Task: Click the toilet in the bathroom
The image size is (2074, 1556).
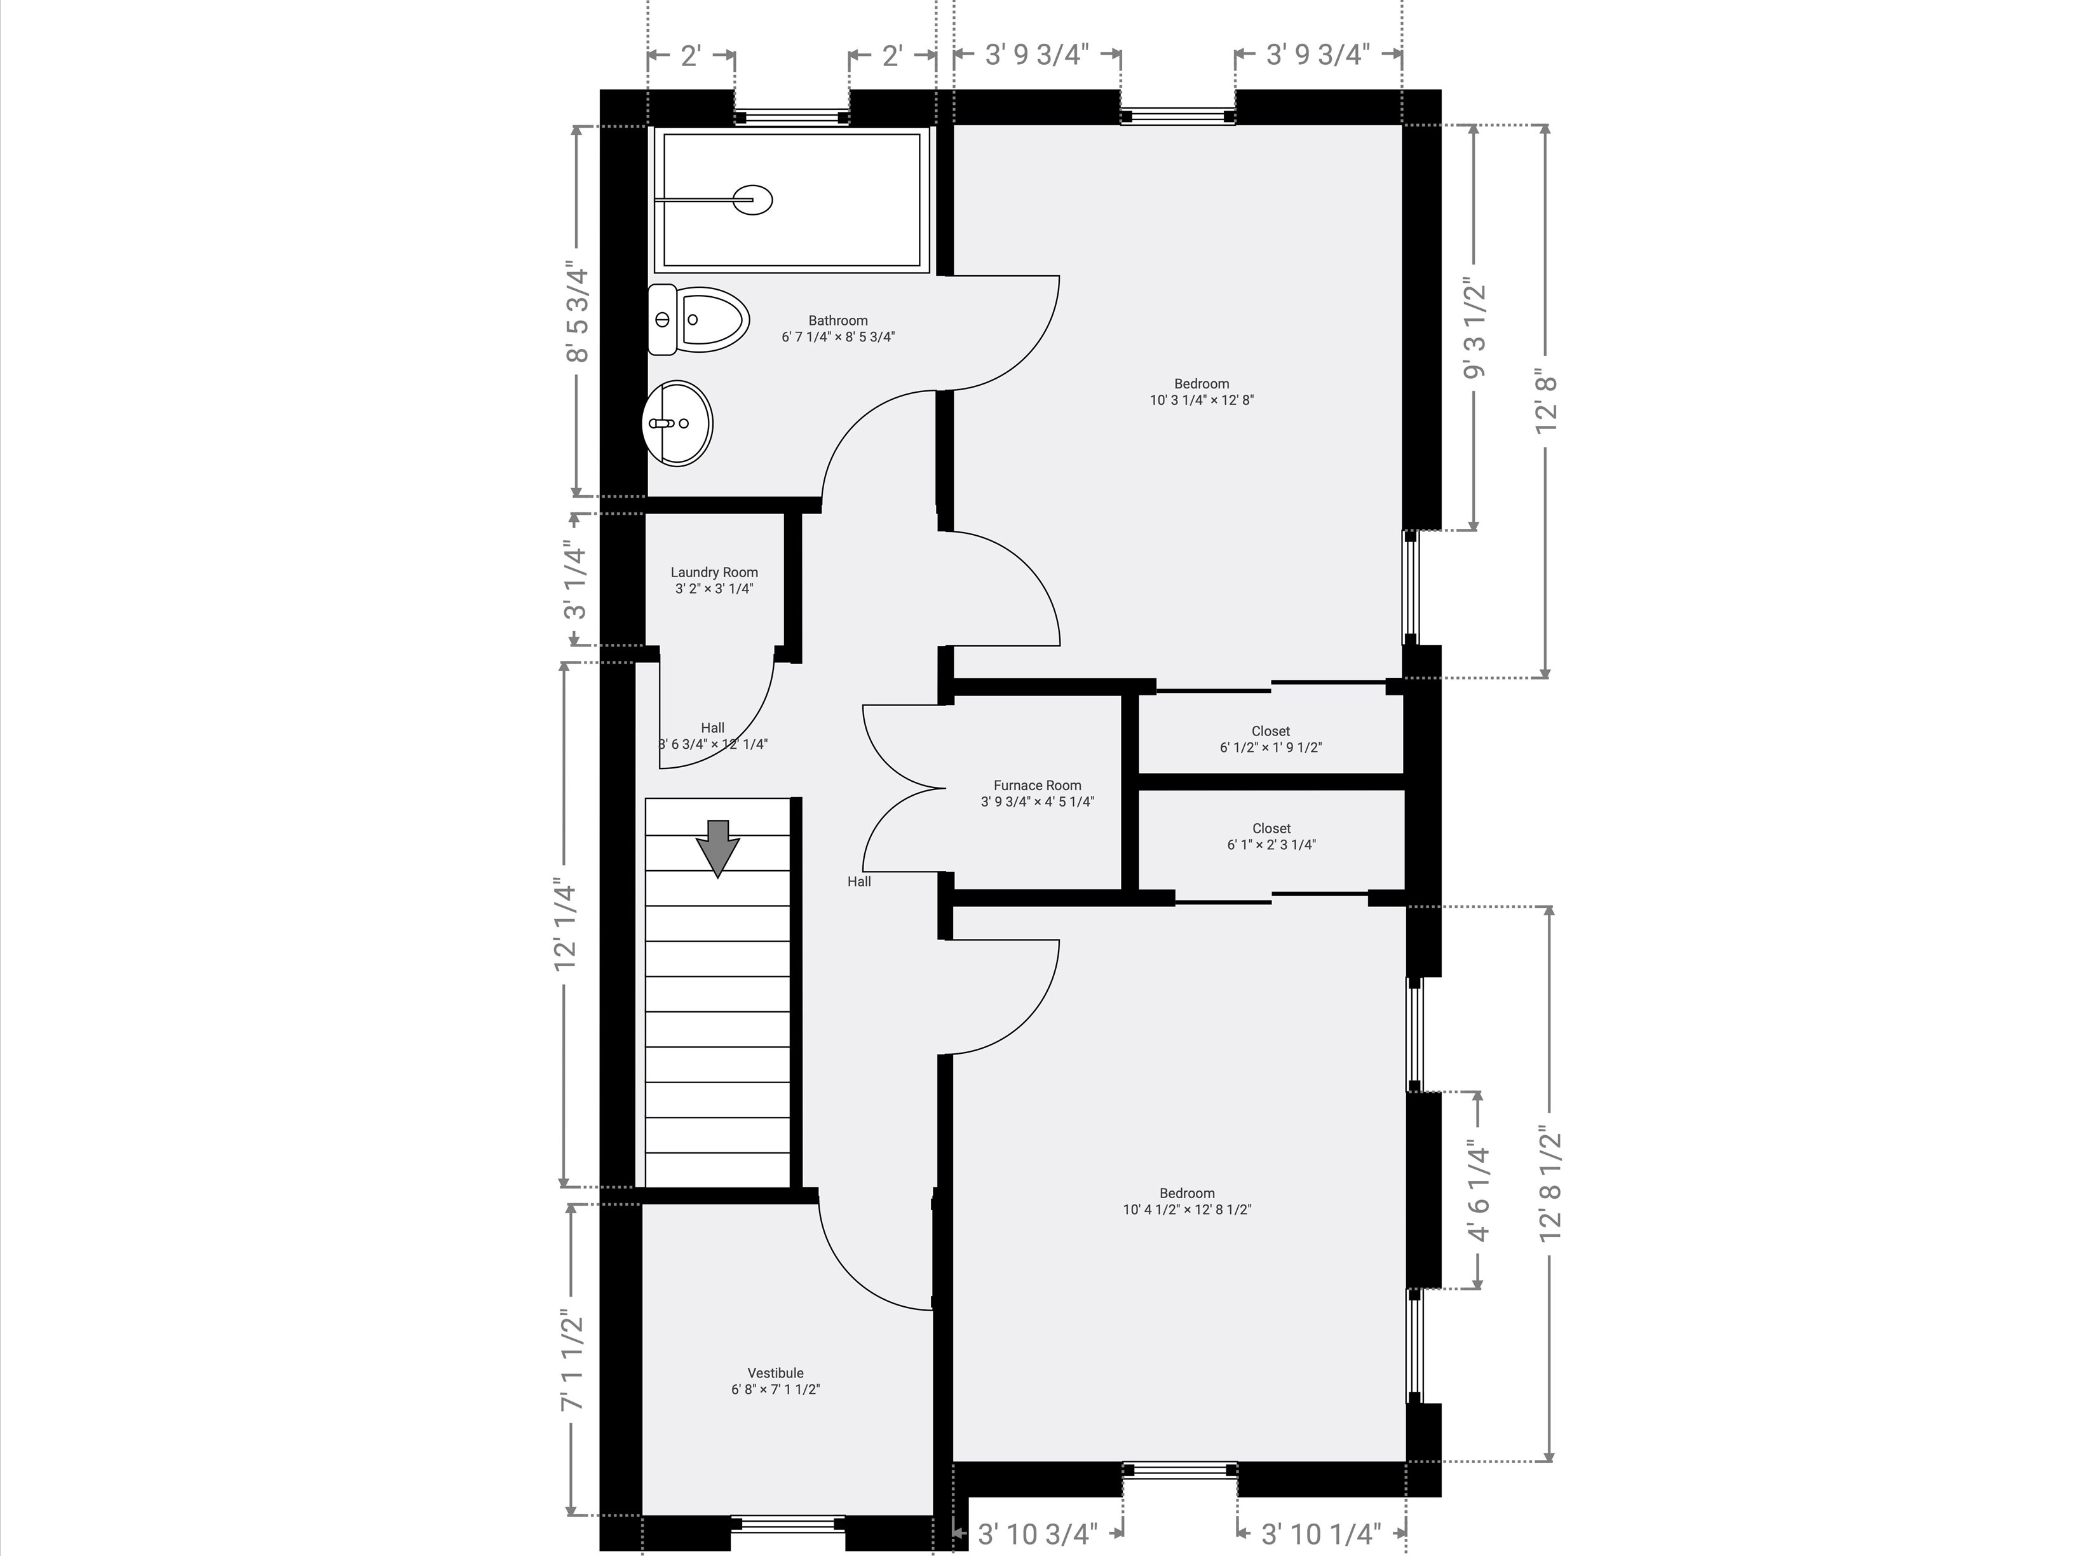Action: [x=698, y=320]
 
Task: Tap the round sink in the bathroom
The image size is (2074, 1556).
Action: [x=677, y=423]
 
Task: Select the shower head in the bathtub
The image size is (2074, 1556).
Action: [x=753, y=200]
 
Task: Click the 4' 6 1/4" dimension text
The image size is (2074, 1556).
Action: [x=1479, y=1191]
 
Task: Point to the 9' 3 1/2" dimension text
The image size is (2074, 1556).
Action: [x=1475, y=328]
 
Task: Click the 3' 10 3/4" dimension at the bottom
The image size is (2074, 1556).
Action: [x=1037, y=1534]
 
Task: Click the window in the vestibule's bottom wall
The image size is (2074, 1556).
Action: [x=789, y=1525]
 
